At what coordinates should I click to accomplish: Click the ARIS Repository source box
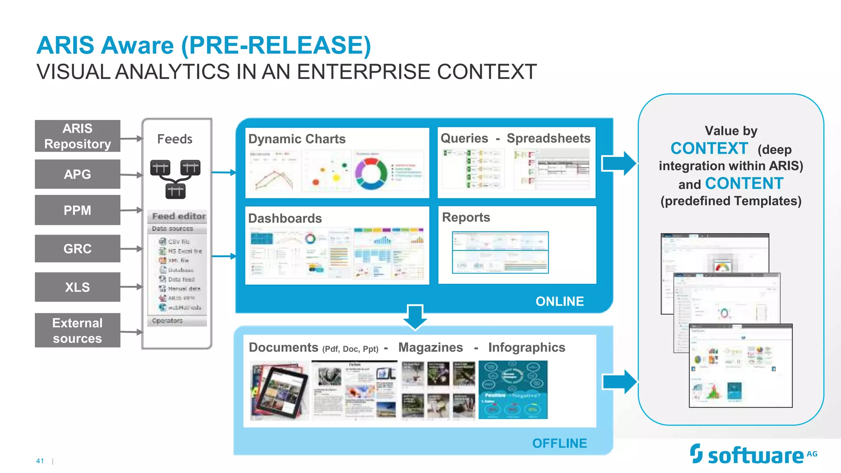[77, 136]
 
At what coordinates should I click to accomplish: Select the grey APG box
[77, 174]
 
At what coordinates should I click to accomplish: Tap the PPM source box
[77, 210]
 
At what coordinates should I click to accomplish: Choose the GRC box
[77, 248]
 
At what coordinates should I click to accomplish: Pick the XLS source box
[77, 287]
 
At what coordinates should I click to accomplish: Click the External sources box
[77, 331]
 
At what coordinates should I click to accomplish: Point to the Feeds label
[175, 139]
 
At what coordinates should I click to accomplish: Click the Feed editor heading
[179, 216]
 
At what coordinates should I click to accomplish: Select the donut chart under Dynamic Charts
[371, 173]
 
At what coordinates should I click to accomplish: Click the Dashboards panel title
[285, 218]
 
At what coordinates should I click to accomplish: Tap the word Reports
[466, 217]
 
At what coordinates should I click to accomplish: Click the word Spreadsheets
[548, 138]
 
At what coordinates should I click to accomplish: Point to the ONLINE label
[559, 301]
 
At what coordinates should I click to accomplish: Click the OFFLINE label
[559, 443]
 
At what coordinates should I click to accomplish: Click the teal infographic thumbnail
[513, 390]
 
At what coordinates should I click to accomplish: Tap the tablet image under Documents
[281, 390]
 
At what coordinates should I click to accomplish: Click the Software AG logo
[754, 455]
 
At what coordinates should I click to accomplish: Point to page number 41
[40, 461]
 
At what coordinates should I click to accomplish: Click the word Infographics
[526, 348]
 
